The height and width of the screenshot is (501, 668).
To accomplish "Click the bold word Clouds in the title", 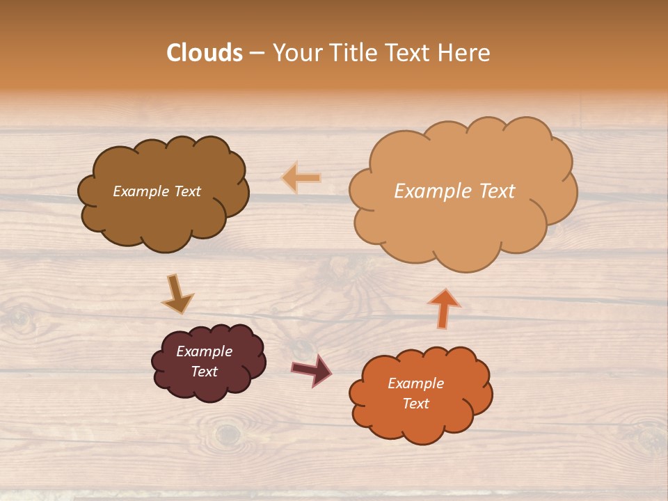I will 205,53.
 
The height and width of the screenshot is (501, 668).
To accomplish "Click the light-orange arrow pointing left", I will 301,178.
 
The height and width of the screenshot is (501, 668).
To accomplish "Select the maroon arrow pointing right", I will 312,370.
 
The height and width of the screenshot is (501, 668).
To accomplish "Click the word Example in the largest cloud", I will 433,191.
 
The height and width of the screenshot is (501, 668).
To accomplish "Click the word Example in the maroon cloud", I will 205,351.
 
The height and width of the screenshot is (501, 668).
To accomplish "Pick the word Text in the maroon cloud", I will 205,372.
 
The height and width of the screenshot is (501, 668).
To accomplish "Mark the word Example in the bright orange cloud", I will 415,383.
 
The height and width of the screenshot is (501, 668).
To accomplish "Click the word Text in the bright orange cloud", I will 415,404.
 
